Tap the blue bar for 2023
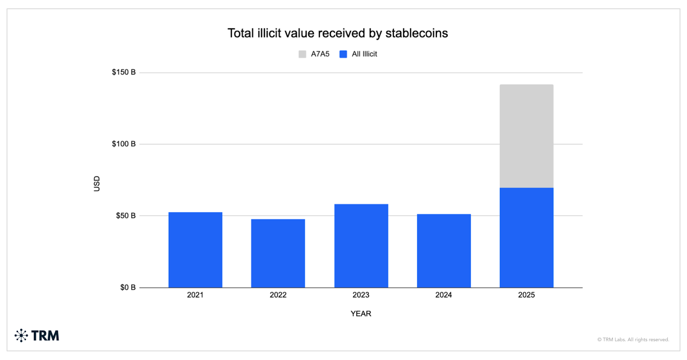coord(361,246)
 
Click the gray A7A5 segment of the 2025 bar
coord(526,136)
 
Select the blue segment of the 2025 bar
coord(526,238)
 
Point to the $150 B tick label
coord(124,72)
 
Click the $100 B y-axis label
coord(124,144)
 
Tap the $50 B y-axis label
coord(125,216)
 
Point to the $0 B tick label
coord(128,287)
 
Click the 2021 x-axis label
coord(195,295)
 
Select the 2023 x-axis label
coord(361,295)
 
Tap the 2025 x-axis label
coord(526,295)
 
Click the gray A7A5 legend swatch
coord(302,54)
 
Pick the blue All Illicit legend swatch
coord(343,54)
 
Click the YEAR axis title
coord(361,314)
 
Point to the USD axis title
coord(97,183)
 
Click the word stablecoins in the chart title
coord(416,34)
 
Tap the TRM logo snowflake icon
coord(21,336)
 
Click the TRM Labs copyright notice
coord(633,340)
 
